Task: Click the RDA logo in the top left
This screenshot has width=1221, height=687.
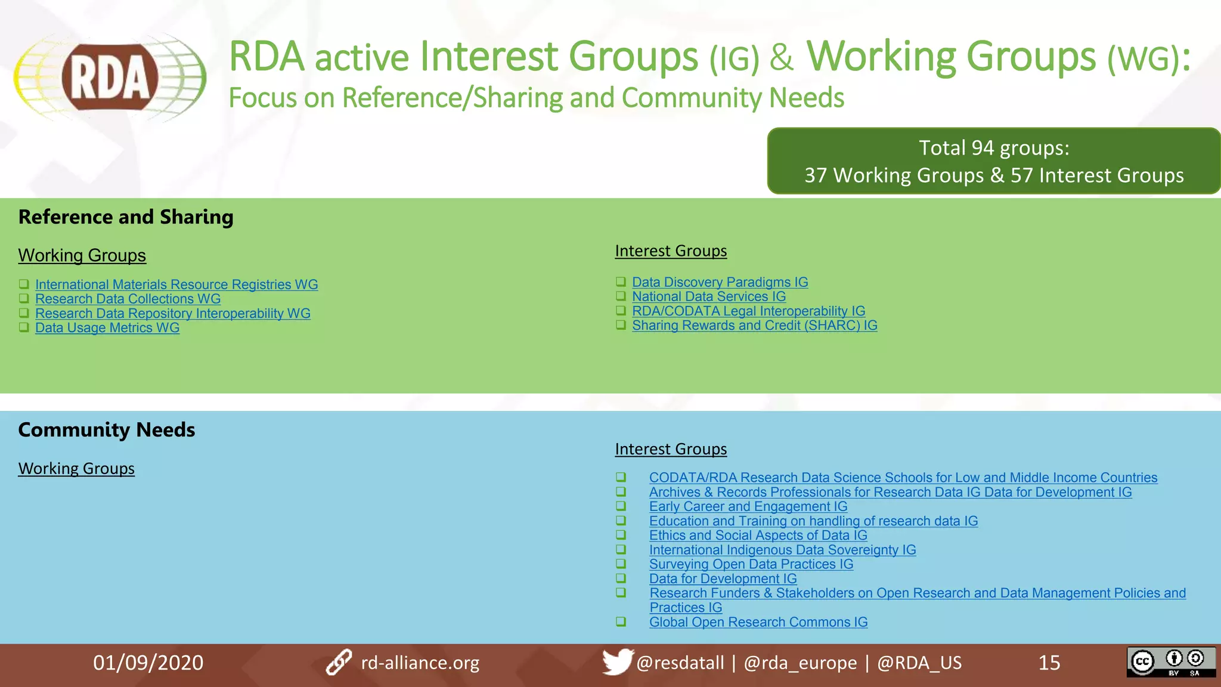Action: (x=110, y=78)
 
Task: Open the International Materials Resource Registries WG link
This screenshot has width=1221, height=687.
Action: (x=176, y=284)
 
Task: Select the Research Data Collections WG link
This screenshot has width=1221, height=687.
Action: (x=128, y=299)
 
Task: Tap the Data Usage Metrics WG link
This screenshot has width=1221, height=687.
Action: (x=107, y=327)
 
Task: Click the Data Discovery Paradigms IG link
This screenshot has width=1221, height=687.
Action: (x=720, y=282)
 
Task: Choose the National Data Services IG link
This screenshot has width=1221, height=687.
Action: (x=709, y=296)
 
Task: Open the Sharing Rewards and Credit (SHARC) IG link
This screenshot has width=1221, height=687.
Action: (x=754, y=326)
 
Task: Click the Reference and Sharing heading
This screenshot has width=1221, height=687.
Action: (x=126, y=217)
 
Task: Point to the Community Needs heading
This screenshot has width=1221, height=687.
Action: (x=107, y=430)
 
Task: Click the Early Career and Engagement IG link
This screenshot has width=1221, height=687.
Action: (x=748, y=506)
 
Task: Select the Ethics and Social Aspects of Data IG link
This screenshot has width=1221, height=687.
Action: (x=758, y=536)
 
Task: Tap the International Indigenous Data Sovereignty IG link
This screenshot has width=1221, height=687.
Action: (x=782, y=550)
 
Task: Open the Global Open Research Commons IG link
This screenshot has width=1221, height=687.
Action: (x=758, y=622)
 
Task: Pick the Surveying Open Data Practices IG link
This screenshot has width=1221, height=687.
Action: (x=751, y=564)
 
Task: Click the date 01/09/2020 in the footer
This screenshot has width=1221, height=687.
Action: (x=148, y=663)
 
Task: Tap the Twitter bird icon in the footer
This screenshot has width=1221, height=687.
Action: (x=616, y=661)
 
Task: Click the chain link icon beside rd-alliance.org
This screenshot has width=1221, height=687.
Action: (x=339, y=663)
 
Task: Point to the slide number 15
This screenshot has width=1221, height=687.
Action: (x=1049, y=663)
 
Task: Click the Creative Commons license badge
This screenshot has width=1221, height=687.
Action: (x=1170, y=662)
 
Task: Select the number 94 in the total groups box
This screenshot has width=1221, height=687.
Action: (x=983, y=148)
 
